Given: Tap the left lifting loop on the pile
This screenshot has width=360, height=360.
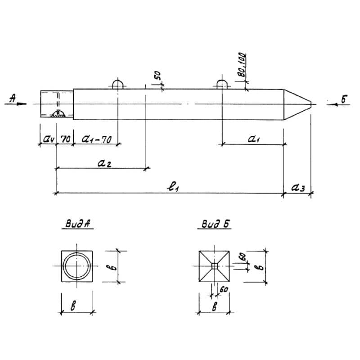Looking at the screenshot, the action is (x=117, y=84).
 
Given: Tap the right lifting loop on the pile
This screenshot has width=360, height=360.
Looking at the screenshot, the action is (x=222, y=84).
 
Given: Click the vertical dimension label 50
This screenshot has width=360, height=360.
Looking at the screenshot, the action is (x=158, y=75).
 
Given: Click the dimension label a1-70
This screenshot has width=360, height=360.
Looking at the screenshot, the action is (x=97, y=139).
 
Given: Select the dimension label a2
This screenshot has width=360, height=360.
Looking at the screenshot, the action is (x=104, y=163).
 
